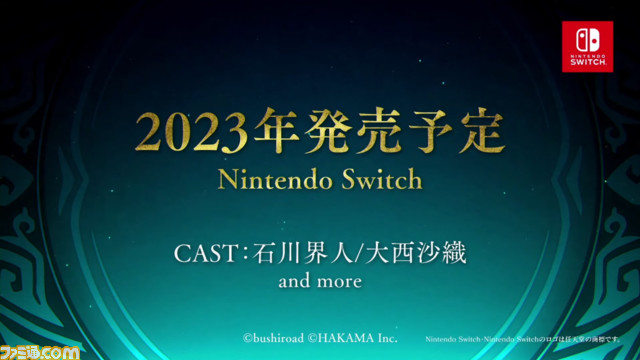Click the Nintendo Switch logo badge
click(x=587, y=45)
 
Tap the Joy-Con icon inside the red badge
click(x=587, y=38)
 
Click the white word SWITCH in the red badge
click(x=587, y=62)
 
